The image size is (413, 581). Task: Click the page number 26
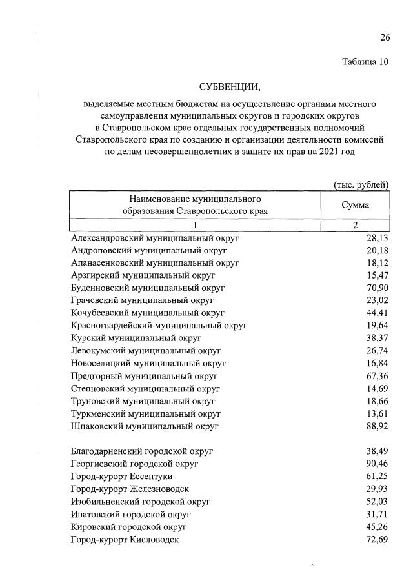(x=385, y=37)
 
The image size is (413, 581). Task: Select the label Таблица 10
(x=365, y=62)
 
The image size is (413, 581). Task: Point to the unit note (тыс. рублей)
(x=361, y=184)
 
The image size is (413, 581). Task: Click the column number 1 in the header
(x=194, y=225)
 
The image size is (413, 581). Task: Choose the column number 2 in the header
(x=355, y=225)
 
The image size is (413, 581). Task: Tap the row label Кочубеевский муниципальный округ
(x=148, y=313)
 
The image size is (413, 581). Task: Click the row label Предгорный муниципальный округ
(x=144, y=376)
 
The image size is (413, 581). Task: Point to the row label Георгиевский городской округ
(x=135, y=463)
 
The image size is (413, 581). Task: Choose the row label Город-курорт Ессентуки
(x=119, y=476)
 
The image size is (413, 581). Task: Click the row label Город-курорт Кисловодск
(x=125, y=538)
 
